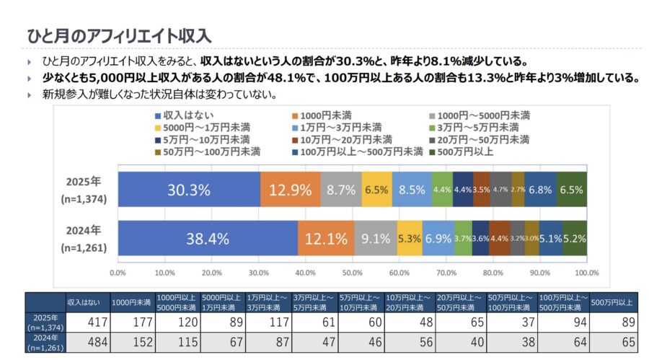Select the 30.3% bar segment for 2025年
[x=188, y=190]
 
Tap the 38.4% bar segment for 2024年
[x=208, y=238]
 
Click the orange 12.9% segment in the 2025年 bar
[x=290, y=190]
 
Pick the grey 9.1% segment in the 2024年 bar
[x=375, y=238]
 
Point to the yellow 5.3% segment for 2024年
[x=409, y=238]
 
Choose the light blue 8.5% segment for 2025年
[x=412, y=190]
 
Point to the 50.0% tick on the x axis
[x=352, y=273]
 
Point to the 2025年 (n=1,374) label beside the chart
[x=84, y=190]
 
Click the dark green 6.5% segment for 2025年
[x=571, y=190]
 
